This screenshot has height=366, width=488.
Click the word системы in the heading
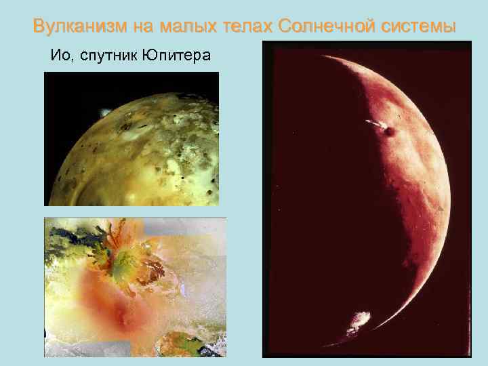(x=420, y=27)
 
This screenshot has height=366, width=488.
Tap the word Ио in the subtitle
(x=58, y=56)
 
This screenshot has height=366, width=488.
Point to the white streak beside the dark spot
(x=374, y=123)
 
